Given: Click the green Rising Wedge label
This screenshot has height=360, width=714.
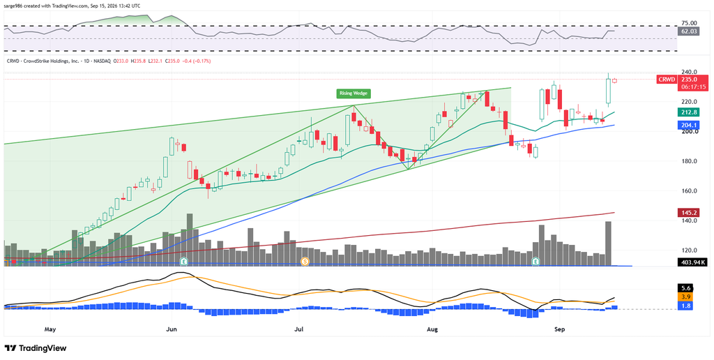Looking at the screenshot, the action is point(354,94).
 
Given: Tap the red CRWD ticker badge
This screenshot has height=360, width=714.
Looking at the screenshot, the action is point(665,80).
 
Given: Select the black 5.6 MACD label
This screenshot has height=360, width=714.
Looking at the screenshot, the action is point(685,288).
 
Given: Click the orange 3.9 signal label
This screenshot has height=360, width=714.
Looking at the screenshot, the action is point(685,297).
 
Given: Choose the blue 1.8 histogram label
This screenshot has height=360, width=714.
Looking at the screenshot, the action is point(685,306).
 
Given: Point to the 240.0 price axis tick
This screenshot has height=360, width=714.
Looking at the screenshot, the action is point(689,72).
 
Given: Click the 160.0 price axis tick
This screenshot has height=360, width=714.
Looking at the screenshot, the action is point(689,191).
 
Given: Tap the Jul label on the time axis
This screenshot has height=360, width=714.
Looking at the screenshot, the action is point(298,329).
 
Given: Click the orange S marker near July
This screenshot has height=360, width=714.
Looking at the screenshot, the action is point(305,262).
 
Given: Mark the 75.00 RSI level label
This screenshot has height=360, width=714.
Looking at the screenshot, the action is point(689,23).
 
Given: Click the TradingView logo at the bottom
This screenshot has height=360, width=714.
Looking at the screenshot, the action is point(36,348).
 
